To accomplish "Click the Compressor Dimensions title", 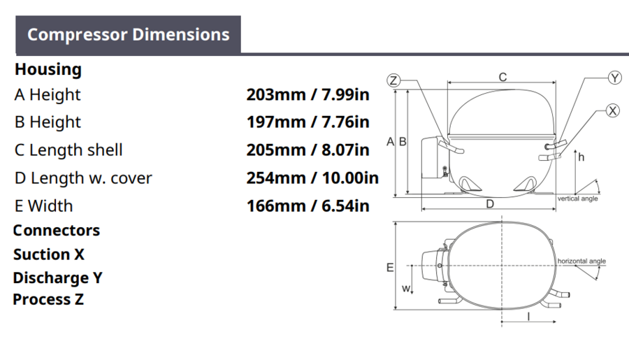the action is click(129, 34).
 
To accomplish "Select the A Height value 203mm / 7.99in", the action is click(308, 94).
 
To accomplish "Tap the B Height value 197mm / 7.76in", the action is click(308, 122).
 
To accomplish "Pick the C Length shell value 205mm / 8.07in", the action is click(308, 150).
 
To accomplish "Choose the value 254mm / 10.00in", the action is click(312, 178).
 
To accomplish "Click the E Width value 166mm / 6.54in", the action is click(308, 206).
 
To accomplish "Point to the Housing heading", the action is click(48, 69).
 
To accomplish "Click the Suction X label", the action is click(48, 254).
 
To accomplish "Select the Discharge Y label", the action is click(57, 278).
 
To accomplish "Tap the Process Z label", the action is click(48, 299).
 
